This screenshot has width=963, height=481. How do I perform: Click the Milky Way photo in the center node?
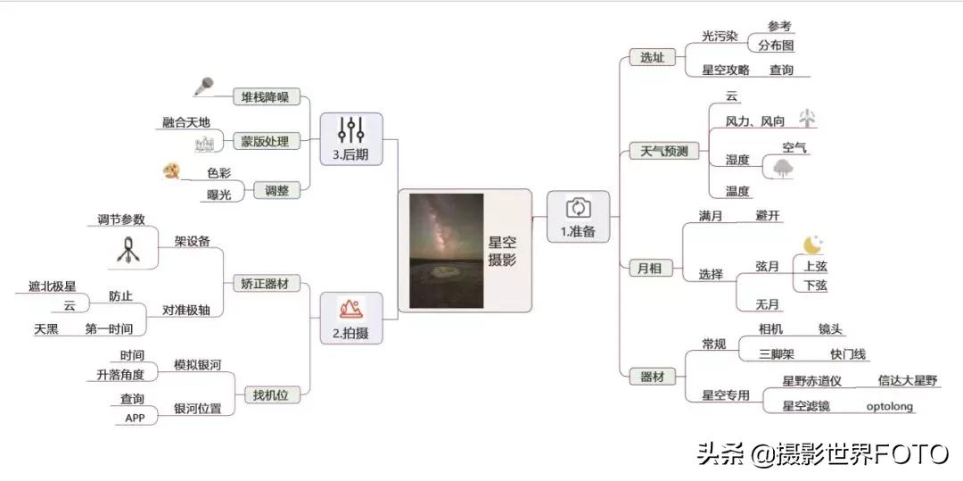pos(446,251)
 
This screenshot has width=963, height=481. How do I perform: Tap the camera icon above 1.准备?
pos(579,208)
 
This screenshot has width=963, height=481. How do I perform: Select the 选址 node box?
pos(652,58)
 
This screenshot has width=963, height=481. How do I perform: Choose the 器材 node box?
pos(652,377)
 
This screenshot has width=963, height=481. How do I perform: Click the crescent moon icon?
pos(811,245)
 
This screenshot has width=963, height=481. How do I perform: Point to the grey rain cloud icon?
pos(784,169)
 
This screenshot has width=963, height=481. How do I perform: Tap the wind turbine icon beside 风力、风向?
pos(807,118)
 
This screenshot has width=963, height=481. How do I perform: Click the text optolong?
pos(890,406)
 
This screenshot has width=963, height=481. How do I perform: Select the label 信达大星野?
pos(908,381)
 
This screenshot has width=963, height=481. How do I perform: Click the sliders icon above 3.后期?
pos(350,130)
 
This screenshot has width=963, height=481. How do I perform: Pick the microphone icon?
pos(204,87)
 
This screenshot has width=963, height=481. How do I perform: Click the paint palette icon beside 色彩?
pos(172,170)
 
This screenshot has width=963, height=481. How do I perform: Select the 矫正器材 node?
pos(265,284)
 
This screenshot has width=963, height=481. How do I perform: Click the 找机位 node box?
pos(271,394)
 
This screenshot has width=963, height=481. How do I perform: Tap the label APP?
pos(135,418)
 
